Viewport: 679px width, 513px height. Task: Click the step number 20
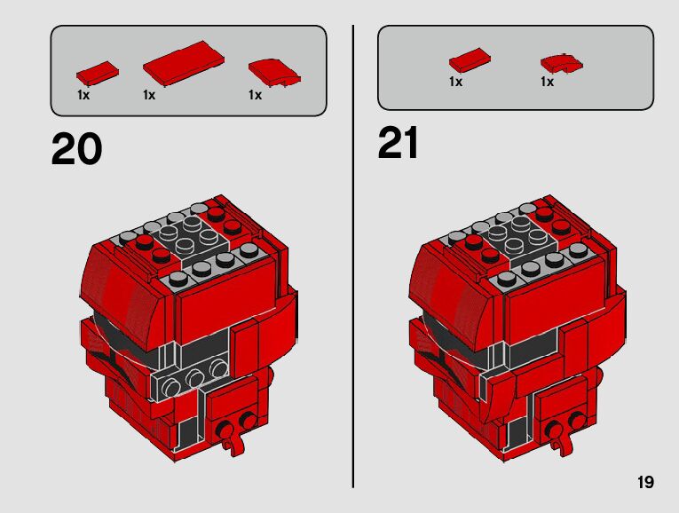click(x=76, y=149)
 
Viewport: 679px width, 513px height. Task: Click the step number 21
click(x=398, y=142)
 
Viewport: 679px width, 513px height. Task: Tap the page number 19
click(x=645, y=482)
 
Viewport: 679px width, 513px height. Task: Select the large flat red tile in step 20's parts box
click(x=184, y=63)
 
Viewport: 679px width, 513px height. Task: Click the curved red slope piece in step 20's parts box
click(x=274, y=72)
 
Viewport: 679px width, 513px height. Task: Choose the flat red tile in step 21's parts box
click(x=470, y=60)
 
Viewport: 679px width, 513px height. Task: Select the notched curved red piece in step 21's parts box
click(x=561, y=64)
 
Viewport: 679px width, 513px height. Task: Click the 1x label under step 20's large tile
click(x=149, y=95)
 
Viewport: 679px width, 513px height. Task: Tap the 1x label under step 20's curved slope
click(x=255, y=95)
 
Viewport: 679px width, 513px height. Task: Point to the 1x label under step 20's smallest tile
click(x=83, y=95)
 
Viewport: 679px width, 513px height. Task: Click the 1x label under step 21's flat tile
click(x=455, y=82)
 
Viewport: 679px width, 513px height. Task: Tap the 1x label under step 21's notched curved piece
click(x=547, y=82)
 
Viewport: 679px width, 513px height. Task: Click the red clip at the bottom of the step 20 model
click(x=233, y=438)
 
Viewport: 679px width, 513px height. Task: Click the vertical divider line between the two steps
click(x=353, y=256)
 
